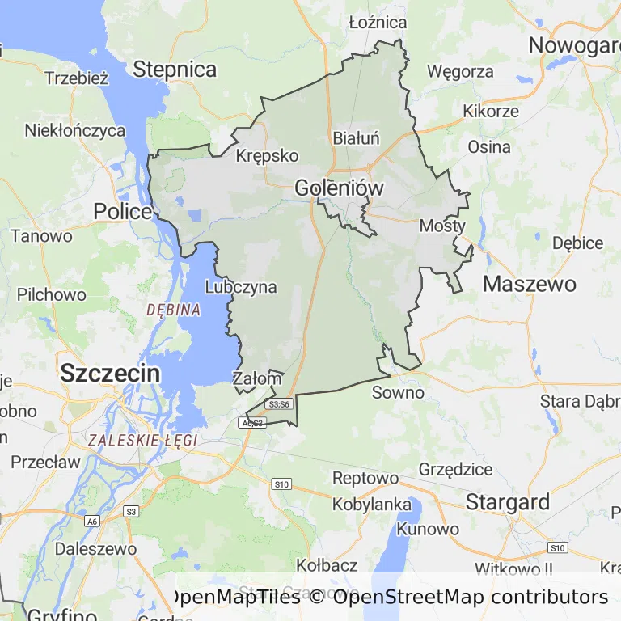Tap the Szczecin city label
pyautogui.click(x=110, y=374)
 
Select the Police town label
pyautogui.click(x=123, y=212)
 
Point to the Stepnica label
pyautogui.click(x=175, y=70)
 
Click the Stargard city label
pyautogui.click(x=508, y=501)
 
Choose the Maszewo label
pyautogui.click(x=530, y=284)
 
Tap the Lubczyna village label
pyautogui.click(x=241, y=287)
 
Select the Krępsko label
pyautogui.click(x=267, y=156)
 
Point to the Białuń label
pyautogui.click(x=356, y=138)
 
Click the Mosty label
pyautogui.click(x=442, y=226)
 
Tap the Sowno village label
pyautogui.click(x=398, y=393)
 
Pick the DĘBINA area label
pyautogui.click(x=173, y=310)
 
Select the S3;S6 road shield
pyautogui.click(x=279, y=403)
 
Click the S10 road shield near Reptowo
pyautogui.click(x=281, y=484)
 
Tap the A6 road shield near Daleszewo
pyautogui.click(x=93, y=522)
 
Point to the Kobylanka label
pyautogui.click(x=373, y=505)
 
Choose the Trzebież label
pyautogui.click(x=77, y=78)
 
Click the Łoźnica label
pyautogui.click(x=378, y=22)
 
